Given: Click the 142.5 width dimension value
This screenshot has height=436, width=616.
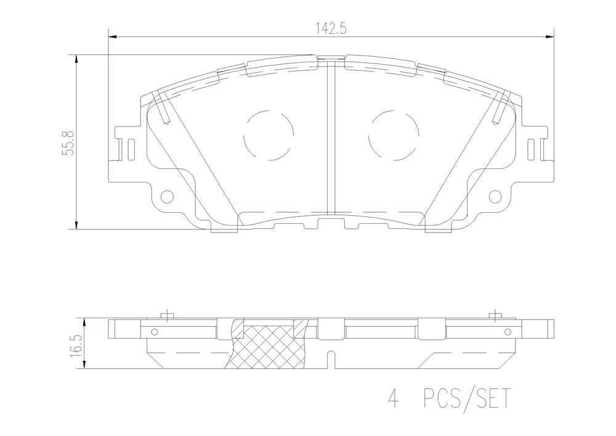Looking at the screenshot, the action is (x=330, y=28).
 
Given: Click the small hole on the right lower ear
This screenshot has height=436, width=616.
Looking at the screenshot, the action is (x=495, y=195).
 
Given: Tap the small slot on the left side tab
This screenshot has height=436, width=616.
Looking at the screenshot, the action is (x=131, y=150).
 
